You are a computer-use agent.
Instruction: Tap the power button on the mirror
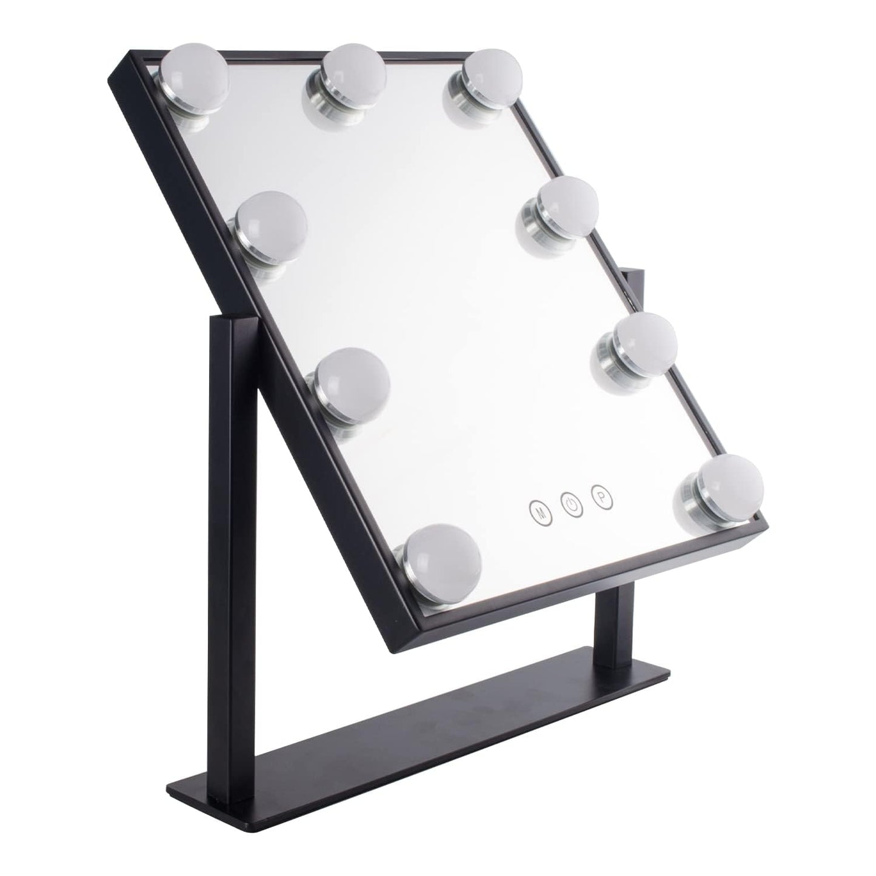click(x=572, y=504)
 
